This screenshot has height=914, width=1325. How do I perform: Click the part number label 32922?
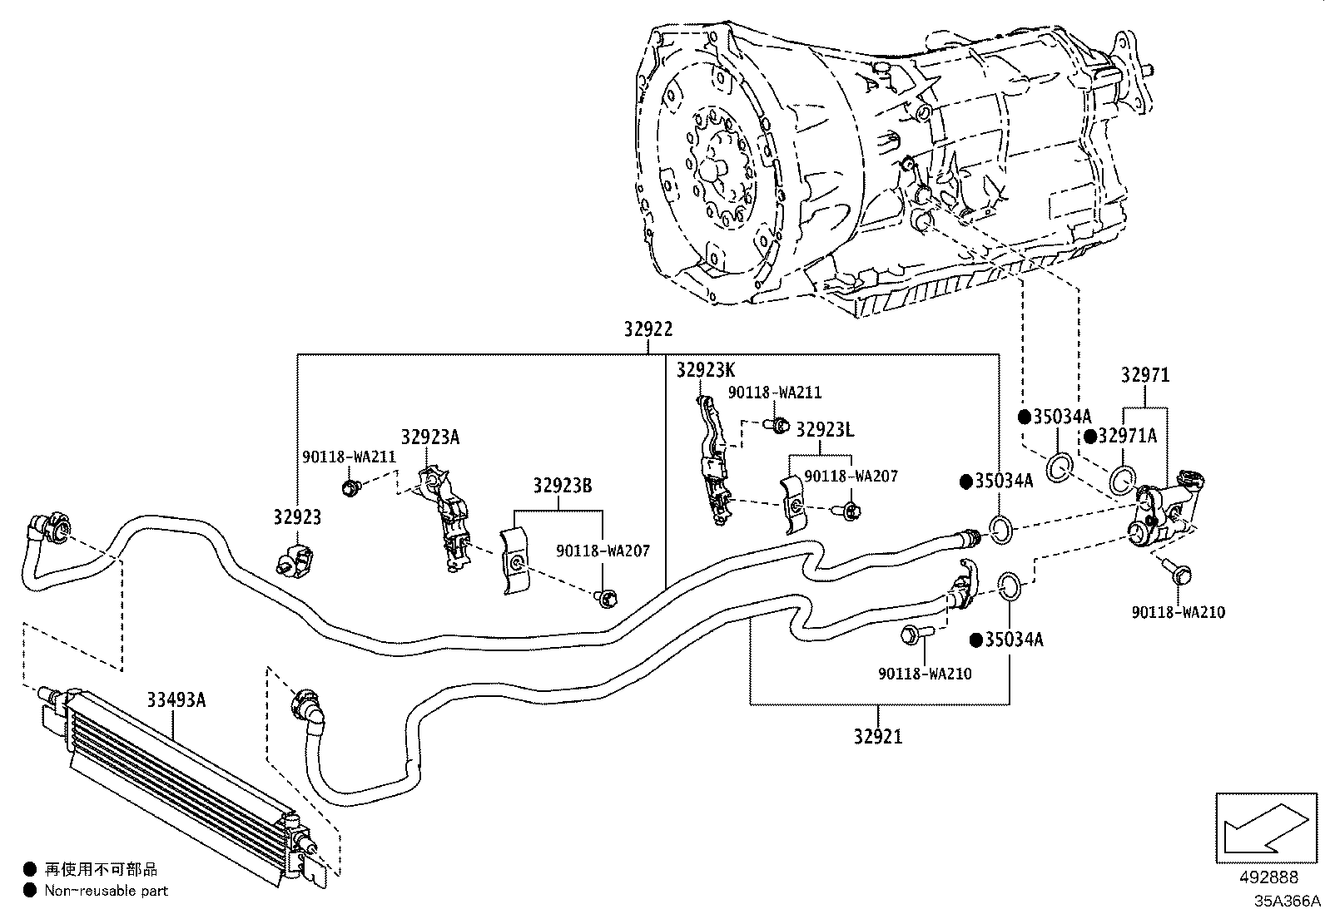648,329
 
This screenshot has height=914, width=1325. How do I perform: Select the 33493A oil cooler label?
176,700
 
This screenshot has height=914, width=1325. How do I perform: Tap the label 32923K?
706,370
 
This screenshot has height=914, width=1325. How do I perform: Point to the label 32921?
878,737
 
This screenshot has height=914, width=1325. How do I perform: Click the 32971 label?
1145,375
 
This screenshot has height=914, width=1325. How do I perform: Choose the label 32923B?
563,486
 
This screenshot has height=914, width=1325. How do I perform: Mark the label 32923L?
825,430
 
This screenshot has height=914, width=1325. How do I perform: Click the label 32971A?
1128,436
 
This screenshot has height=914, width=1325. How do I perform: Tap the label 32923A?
430,437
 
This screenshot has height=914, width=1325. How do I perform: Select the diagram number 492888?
1268,877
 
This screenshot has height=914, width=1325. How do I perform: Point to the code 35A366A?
1288,901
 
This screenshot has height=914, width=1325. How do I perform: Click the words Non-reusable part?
107,891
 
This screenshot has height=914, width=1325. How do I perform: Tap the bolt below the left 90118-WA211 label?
351,487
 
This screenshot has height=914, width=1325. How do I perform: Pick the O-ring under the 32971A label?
1122,480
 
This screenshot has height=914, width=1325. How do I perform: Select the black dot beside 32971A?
1090,437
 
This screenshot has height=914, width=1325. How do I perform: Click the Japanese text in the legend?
102,869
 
